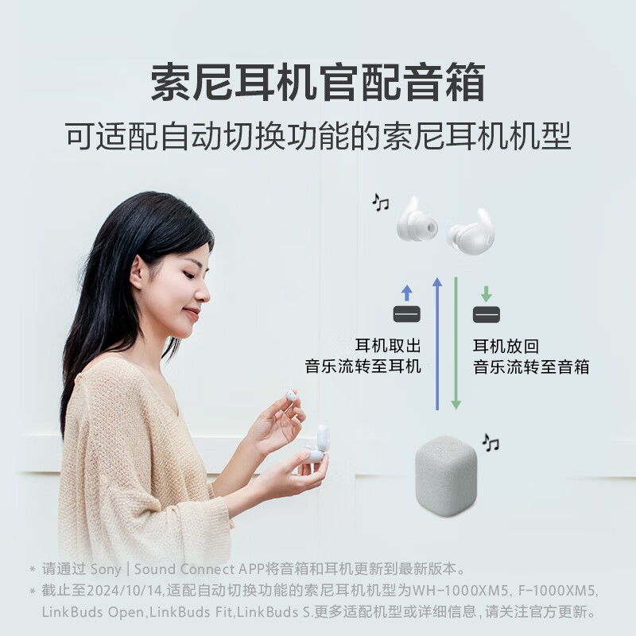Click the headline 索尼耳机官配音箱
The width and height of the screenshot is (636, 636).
pyautogui.click(x=318, y=82)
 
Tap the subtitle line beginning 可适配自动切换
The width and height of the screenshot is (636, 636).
pyautogui.click(x=318, y=136)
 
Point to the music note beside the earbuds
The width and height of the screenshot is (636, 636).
pyautogui.click(x=381, y=203)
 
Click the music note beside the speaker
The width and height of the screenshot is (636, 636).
pyautogui.click(x=491, y=443)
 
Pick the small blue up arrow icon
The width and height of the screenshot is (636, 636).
pyautogui.click(x=407, y=292)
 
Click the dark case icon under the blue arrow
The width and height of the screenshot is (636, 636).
pyautogui.click(x=407, y=314)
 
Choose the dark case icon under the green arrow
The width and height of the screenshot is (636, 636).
pyautogui.click(x=487, y=314)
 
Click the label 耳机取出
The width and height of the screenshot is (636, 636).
pyautogui.click(x=388, y=347)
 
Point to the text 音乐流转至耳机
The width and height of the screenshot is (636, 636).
pyautogui.click(x=363, y=367)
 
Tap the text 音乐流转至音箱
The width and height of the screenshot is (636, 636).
pyautogui.click(x=532, y=367)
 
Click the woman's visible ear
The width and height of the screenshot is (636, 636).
pyautogui.click(x=139, y=273)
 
